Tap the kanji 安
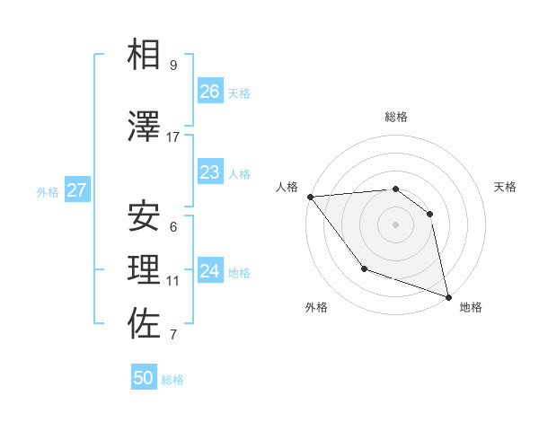[144, 215]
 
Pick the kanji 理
[144, 269]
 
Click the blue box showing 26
[210, 92]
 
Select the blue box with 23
[210, 172]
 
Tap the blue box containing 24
[210, 271]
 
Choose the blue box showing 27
[76, 190]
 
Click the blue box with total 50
[144, 378]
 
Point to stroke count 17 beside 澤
[173, 137]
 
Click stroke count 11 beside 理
[173, 281]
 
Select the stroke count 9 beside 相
[172, 66]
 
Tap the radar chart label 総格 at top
[396, 117]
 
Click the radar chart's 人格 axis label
[287, 187]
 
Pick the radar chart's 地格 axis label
[471, 308]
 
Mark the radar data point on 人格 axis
[310, 197]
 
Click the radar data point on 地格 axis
[446, 295]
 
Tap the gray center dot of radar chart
[395, 224]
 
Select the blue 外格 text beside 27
[48, 191]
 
